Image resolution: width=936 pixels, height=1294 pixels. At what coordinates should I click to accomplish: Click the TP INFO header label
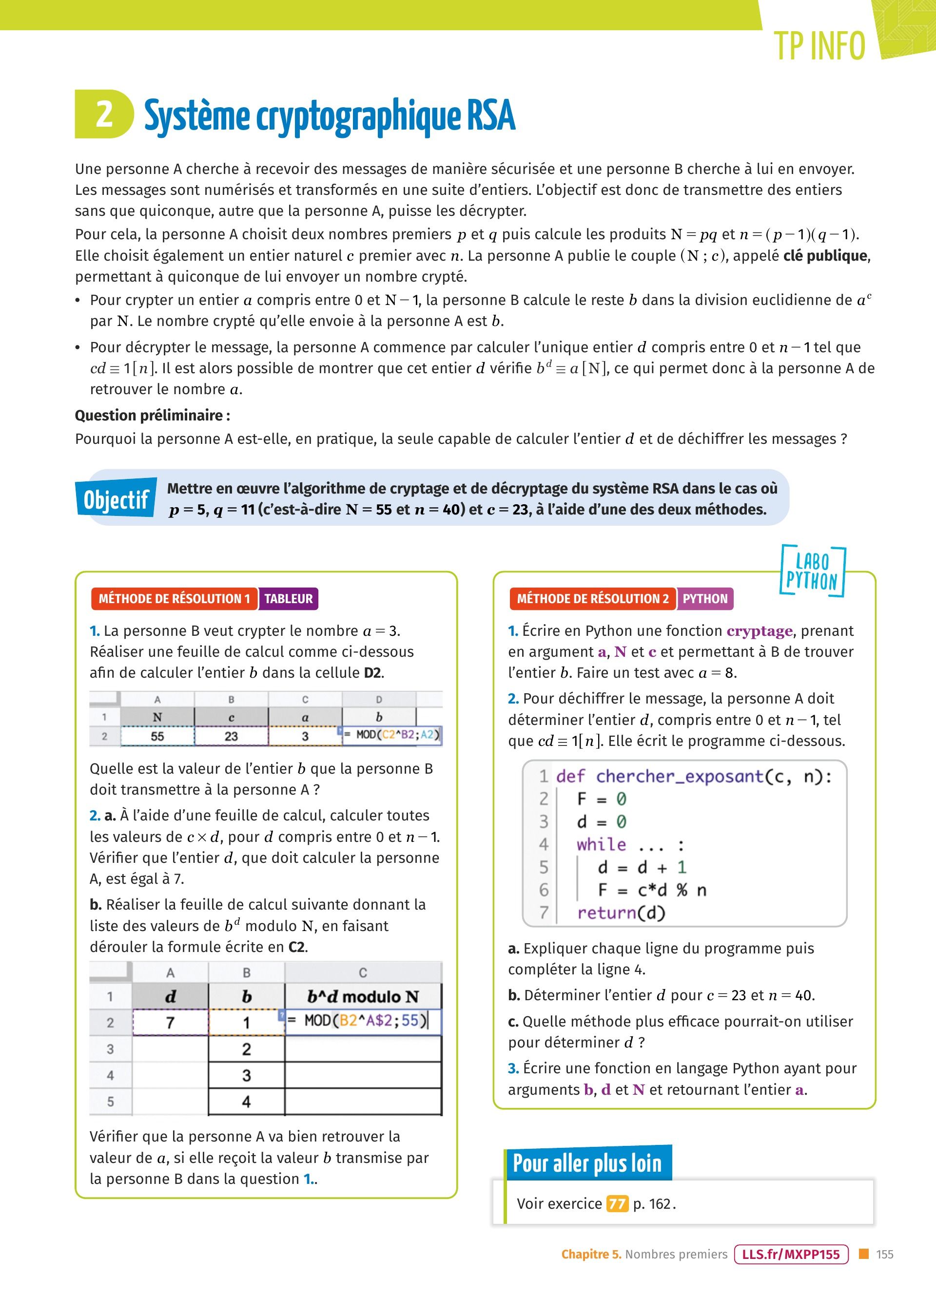pyautogui.click(x=819, y=46)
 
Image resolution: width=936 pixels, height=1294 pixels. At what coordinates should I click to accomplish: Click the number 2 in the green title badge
pyautogui.click(x=104, y=114)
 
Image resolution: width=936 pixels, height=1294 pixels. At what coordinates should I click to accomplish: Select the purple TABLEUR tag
pyautogui.click(x=288, y=598)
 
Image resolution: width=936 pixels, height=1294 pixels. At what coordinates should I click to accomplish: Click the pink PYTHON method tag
pyautogui.click(x=705, y=598)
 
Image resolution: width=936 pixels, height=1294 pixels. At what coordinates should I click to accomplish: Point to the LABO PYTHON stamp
pyautogui.click(x=812, y=571)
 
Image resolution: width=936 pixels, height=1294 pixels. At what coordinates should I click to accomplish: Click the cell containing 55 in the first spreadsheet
pyautogui.click(x=157, y=736)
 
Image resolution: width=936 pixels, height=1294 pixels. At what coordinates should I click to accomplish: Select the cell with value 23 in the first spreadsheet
pyautogui.click(x=231, y=736)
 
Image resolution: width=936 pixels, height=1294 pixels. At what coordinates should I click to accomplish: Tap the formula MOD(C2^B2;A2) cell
pyautogui.click(x=392, y=735)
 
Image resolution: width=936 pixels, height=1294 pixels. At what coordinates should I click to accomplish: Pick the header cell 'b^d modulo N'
pyautogui.click(x=363, y=997)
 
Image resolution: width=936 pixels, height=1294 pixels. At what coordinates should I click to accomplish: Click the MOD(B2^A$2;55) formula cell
pyautogui.click(x=363, y=1021)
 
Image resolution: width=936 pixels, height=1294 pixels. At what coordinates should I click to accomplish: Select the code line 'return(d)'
pyautogui.click(x=621, y=913)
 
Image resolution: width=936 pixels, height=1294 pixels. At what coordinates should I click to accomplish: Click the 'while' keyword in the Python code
pyautogui.click(x=601, y=844)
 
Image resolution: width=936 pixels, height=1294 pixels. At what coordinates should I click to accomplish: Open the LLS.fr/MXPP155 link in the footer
pyautogui.click(x=791, y=1254)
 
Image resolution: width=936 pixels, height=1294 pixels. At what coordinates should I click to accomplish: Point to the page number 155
pyautogui.click(x=885, y=1254)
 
